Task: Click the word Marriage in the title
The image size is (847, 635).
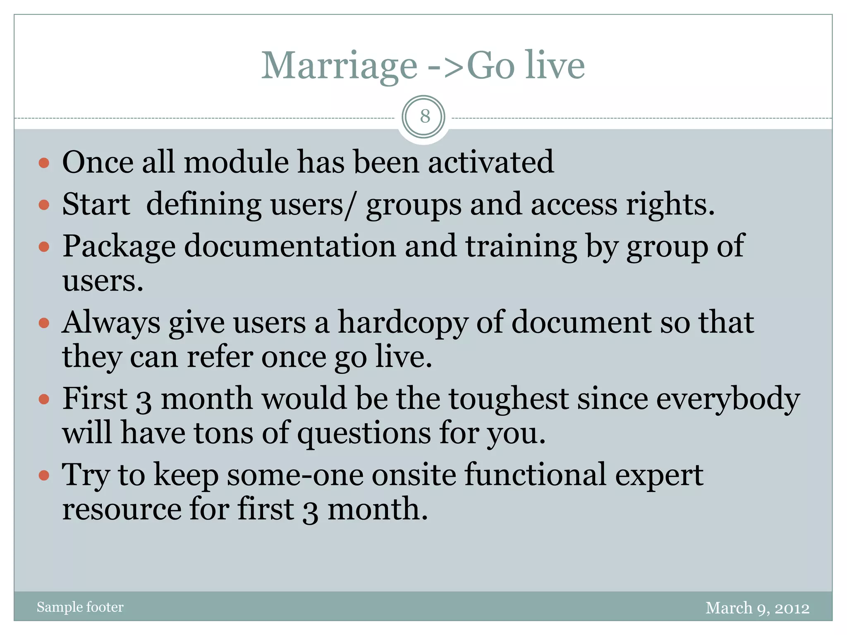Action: (x=339, y=66)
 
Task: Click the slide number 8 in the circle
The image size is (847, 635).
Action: (x=424, y=117)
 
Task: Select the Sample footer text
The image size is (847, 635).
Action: (x=80, y=607)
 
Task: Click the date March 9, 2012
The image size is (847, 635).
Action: (x=757, y=608)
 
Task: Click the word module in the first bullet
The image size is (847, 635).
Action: (x=236, y=162)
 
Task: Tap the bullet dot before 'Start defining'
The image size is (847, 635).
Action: (x=44, y=205)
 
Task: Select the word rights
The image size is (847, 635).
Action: (x=670, y=205)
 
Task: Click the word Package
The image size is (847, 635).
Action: (x=119, y=247)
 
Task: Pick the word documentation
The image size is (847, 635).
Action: (x=290, y=246)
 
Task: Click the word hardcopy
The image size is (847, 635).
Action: (x=403, y=322)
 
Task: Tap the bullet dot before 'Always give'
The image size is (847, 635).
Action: (x=44, y=322)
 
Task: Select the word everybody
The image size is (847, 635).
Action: (x=728, y=399)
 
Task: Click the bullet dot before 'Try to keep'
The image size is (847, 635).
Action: (x=44, y=475)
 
